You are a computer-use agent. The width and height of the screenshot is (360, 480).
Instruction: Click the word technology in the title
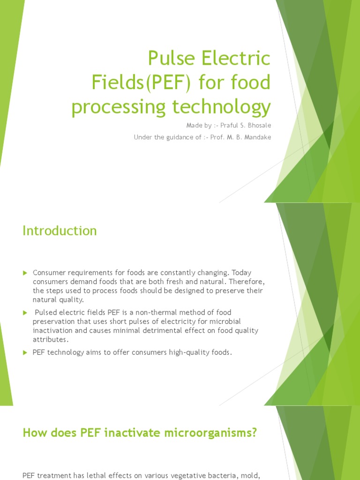coord(225,107)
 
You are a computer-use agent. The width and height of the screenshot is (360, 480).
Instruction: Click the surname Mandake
coord(257,137)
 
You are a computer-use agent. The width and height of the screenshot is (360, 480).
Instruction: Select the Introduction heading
coord(60,231)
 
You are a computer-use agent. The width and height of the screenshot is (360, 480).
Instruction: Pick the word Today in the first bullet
coord(242,272)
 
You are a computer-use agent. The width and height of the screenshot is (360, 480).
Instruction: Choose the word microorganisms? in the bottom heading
coord(212,433)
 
